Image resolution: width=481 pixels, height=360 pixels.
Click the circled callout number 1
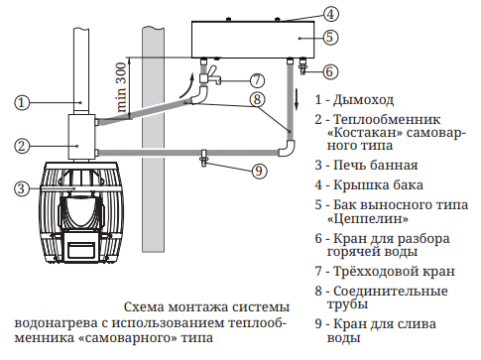[x=22, y=102]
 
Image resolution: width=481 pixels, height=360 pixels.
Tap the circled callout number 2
[x=22, y=146]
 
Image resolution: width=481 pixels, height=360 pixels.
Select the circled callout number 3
[x=22, y=188]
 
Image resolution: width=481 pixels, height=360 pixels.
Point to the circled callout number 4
[x=330, y=14]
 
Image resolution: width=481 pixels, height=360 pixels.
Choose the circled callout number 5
[x=330, y=37]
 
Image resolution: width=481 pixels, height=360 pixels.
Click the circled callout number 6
[x=329, y=71]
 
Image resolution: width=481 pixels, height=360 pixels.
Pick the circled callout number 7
[x=257, y=80]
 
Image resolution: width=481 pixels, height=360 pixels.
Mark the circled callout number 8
[x=257, y=99]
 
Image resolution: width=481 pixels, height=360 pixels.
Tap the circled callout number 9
[x=259, y=171]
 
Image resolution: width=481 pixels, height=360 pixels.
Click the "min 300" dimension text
[x=121, y=87]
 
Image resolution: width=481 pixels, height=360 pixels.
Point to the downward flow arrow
[x=297, y=98]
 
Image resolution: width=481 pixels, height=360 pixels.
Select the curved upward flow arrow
[x=187, y=86]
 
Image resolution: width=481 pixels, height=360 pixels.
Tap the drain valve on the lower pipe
[x=203, y=158]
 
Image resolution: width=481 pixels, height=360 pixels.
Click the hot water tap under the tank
[x=302, y=65]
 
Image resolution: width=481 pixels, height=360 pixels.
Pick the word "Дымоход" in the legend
[x=363, y=100]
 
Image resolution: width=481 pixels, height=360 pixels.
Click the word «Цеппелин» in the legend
[x=368, y=218]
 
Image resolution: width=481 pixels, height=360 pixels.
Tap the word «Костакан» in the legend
[x=365, y=133]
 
